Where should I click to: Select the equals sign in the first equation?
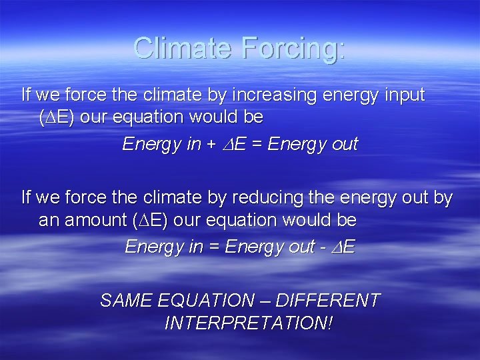pyautogui.click(x=257, y=145)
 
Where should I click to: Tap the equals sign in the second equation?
pyautogui.click(x=214, y=247)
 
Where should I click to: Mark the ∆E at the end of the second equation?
pyautogui.click(x=345, y=247)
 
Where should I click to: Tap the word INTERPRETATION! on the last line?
pyautogui.click(x=248, y=323)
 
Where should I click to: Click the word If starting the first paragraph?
pyautogui.click(x=27, y=95)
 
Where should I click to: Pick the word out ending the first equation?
pyautogui.click(x=344, y=145)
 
